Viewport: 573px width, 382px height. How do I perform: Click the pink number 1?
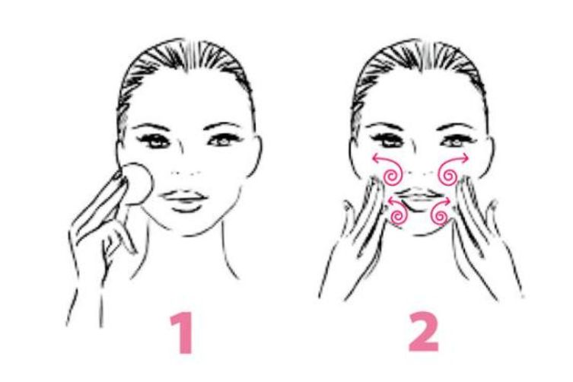(x=182, y=333)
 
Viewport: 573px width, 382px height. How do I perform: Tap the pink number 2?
(x=424, y=332)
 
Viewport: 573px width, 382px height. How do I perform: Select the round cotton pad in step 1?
(x=137, y=184)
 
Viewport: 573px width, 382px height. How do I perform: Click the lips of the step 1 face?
(x=184, y=200)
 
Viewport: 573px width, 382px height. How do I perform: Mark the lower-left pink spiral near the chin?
(x=398, y=215)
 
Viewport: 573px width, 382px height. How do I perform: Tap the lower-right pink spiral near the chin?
(x=440, y=215)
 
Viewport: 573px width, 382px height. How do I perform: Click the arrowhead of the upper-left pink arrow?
(x=375, y=158)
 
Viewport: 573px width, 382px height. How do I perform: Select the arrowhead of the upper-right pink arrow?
(x=464, y=158)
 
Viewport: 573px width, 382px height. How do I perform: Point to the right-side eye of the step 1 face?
(x=222, y=140)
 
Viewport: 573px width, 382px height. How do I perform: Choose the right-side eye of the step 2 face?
(x=456, y=140)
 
